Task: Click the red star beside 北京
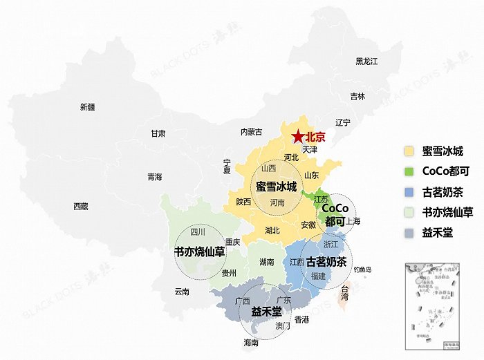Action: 297,137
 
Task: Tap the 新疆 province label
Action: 88,107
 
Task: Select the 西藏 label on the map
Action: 80,206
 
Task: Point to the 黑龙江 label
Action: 367,61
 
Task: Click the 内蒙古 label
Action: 252,132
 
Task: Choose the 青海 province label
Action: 154,178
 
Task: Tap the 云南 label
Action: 182,292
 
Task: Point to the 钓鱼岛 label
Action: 362,269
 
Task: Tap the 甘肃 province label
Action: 158,133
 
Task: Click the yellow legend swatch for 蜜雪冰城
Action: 409,151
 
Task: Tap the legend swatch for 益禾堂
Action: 409,232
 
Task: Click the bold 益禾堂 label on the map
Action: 266,311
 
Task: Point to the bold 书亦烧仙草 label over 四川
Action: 200,252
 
